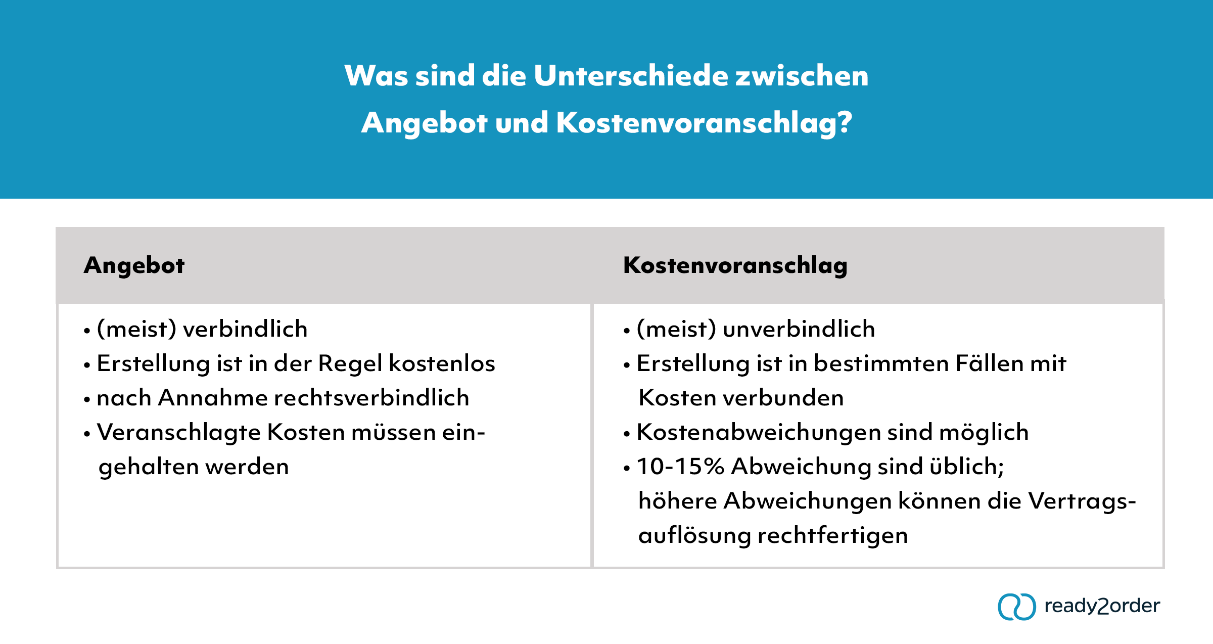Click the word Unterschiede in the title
pyautogui.click(x=630, y=76)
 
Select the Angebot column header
pyautogui.click(x=134, y=265)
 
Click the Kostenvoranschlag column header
pyautogui.click(x=735, y=265)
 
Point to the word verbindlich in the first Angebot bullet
pyautogui.click(x=245, y=329)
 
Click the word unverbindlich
pyautogui.click(x=799, y=329)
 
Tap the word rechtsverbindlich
pyautogui.click(x=372, y=398)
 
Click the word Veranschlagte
pyautogui.click(x=179, y=433)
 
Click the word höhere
pyautogui.click(x=678, y=501)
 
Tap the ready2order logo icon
pyautogui.click(x=1016, y=606)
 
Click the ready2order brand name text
pyautogui.click(x=1102, y=606)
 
